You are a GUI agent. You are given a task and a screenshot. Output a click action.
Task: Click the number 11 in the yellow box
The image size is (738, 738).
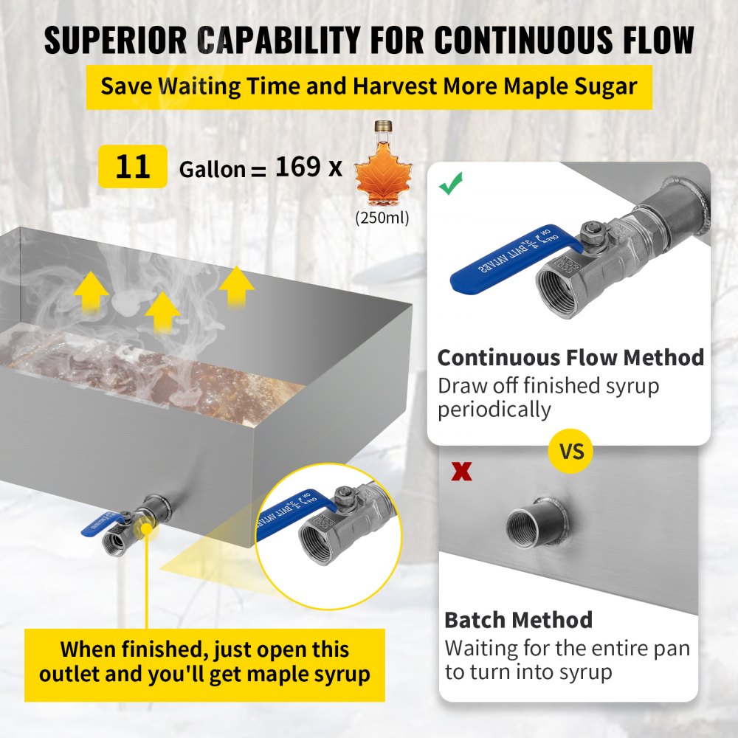(x=133, y=167)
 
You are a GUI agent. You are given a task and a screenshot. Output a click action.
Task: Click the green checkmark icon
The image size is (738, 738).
(x=450, y=184)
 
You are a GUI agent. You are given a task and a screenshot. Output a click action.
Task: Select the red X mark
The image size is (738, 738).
(x=462, y=472)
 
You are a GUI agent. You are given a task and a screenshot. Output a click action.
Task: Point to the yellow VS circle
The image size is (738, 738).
(x=571, y=450)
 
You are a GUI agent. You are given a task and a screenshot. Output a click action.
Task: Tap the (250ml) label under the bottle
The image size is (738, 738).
(x=382, y=218)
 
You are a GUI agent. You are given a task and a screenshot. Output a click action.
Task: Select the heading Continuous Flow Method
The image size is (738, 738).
(x=570, y=358)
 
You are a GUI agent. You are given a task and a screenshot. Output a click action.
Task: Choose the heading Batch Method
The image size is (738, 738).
(x=518, y=620)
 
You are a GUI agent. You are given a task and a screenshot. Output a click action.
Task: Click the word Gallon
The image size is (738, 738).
(x=212, y=170)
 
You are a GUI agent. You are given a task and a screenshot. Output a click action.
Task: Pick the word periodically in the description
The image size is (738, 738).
(x=494, y=410)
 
